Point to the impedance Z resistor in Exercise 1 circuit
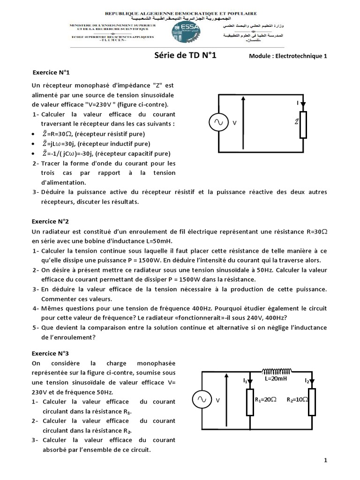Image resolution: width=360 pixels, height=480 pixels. tap(303, 125)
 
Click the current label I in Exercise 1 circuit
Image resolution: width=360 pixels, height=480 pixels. tap(297, 102)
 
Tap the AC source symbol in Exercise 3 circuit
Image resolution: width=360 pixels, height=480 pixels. tap(202, 400)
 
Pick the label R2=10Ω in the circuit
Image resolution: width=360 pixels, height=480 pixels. tap(297, 400)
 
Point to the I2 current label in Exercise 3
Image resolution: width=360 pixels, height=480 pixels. tap(307, 380)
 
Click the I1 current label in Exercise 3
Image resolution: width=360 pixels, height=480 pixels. tap(245, 381)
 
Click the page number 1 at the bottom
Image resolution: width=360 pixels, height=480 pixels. tap(325, 461)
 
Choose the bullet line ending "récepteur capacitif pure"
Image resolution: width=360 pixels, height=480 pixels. tap(107, 153)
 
